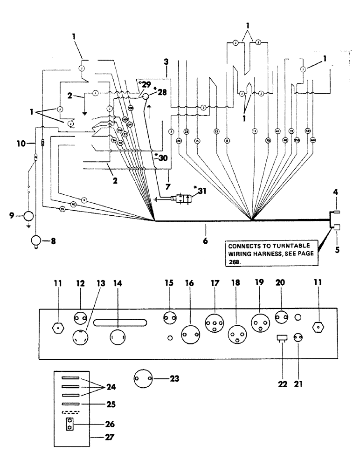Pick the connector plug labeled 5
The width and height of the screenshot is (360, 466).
[337, 227]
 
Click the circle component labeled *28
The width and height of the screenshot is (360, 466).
[145, 97]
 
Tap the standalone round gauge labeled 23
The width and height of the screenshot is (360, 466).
[144, 378]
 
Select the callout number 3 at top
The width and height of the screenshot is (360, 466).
[166, 62]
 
